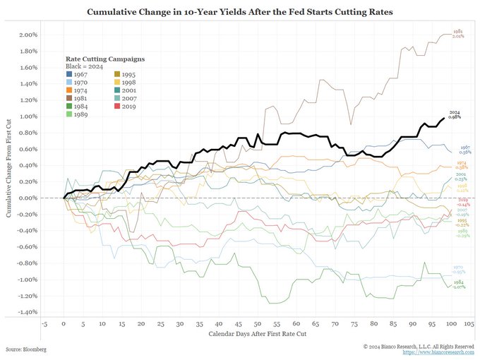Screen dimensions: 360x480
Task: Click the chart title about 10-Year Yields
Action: point(240,13)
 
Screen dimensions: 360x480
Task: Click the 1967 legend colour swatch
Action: point(69,74)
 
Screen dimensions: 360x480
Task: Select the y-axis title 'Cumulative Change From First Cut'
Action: point(9,173)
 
